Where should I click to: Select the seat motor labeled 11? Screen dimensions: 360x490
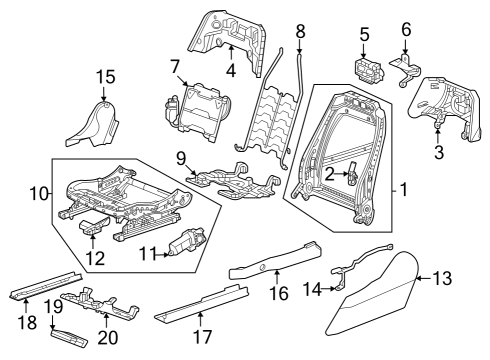point(186,243)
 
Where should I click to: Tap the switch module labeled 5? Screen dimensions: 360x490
point(367,72)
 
